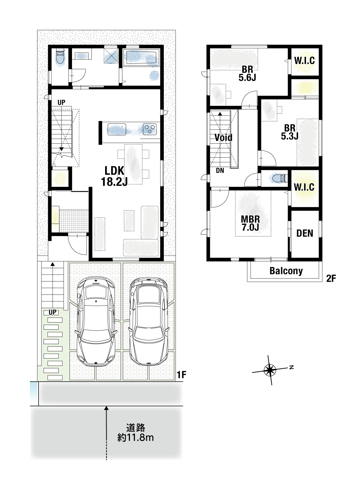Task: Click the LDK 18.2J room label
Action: tap(114, 176)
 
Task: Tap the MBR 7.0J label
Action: tap(250, 223)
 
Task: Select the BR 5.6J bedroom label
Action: tap(247, 73)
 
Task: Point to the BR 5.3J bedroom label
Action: tap(290, 132)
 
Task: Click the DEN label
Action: tap(305, 233)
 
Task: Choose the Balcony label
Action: tap(286, 271)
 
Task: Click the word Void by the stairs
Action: tap(224, 138)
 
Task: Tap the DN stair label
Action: tap(220, 170)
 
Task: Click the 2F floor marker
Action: tap(331, 279)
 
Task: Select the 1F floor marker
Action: tap(181, 375)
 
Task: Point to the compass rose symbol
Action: tap(270, 370)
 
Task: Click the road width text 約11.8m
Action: tap(135, 438)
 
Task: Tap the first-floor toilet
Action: tap(60, 58)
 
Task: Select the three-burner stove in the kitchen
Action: tap(150, 129)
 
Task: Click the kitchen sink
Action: tap(117, 129)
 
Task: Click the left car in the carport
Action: tap(96, 321)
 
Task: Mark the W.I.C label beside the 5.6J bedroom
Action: tap(305, 60)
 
